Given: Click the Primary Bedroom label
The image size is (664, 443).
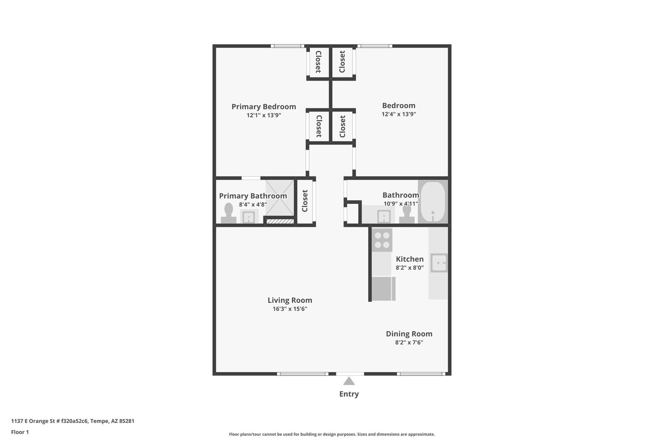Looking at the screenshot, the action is pyautogui.click(x=264, y=107).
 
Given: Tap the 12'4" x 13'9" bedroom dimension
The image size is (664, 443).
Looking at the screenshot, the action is pyautogui.click(x=399, y=114).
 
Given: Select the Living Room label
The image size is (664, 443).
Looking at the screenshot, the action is pyautogui.click(x=290, y=300).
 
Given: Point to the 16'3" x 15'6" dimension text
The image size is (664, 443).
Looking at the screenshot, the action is pyautogui.click(x=290, y=309).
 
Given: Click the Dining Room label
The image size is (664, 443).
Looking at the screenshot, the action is pyautogui.click(x=409, y=334).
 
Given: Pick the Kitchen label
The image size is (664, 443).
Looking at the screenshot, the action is pyautogui.click(x=409, y=259).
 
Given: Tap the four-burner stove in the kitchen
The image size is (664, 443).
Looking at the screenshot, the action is pyautogui.click(x=382, y=240).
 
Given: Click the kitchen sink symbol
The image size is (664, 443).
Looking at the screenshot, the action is pyautogui.click(x=439, y=263).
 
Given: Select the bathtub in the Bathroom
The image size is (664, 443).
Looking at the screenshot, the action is pyautogui.click(x=433, y=202).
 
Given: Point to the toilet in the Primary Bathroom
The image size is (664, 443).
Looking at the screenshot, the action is pyautogui.click(x=229, y=213).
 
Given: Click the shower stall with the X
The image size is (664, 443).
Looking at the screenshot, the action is pyautogui.click(x=280, y=198).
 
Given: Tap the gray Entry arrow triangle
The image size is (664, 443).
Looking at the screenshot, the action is pyautogui.click(x=349, y=381).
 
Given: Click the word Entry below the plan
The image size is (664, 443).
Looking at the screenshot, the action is pyautogui.click(x=349, y=394).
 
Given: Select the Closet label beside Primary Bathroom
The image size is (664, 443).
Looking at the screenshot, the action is pyautogui.click(x=305, y=201).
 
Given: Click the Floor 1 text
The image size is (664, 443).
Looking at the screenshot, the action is pyautogui.click(x=20, y=432).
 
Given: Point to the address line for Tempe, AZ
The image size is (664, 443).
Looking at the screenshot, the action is pyautogui.click(x=73, y=421).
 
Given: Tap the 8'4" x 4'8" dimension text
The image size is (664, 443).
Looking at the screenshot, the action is pyautogui.click(x=253, y=204).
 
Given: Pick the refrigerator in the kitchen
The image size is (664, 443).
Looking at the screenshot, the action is pyautogui.click(x=384, y=289).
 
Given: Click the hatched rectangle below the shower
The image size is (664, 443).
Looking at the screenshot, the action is pyautogui.click(x=280, y=221).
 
